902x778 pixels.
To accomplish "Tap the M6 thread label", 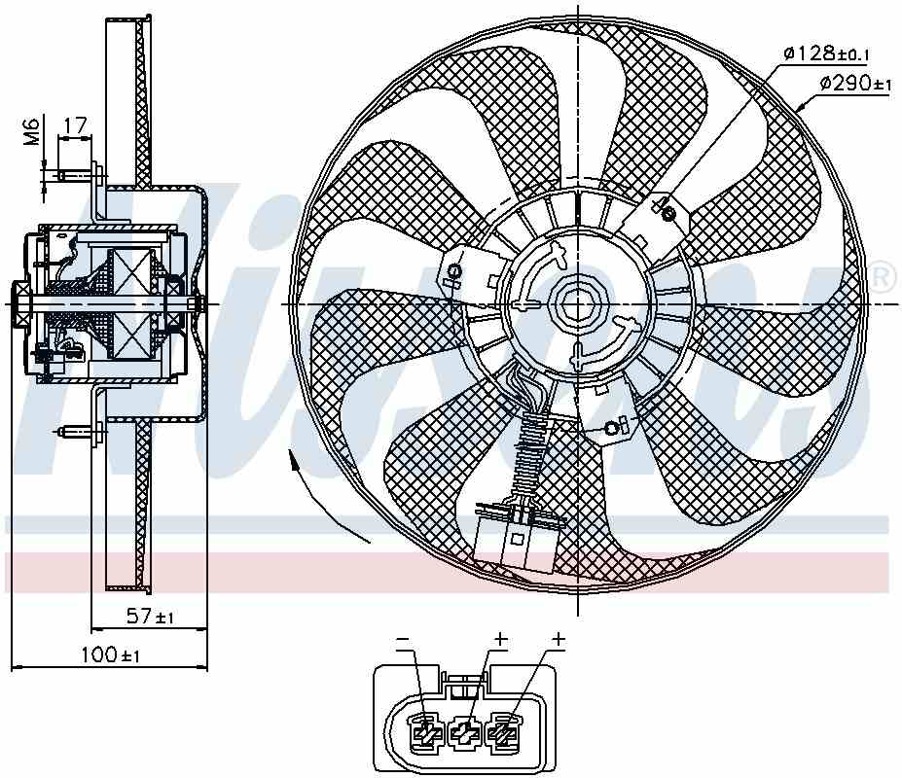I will [x=30, y=130].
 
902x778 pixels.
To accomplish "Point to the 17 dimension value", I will [x=75, y=124].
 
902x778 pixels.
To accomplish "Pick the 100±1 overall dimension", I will [x=110, y=654].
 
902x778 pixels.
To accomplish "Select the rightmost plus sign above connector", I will [x=559, y=639].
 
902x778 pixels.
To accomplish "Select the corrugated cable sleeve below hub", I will [x=529, y=452].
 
